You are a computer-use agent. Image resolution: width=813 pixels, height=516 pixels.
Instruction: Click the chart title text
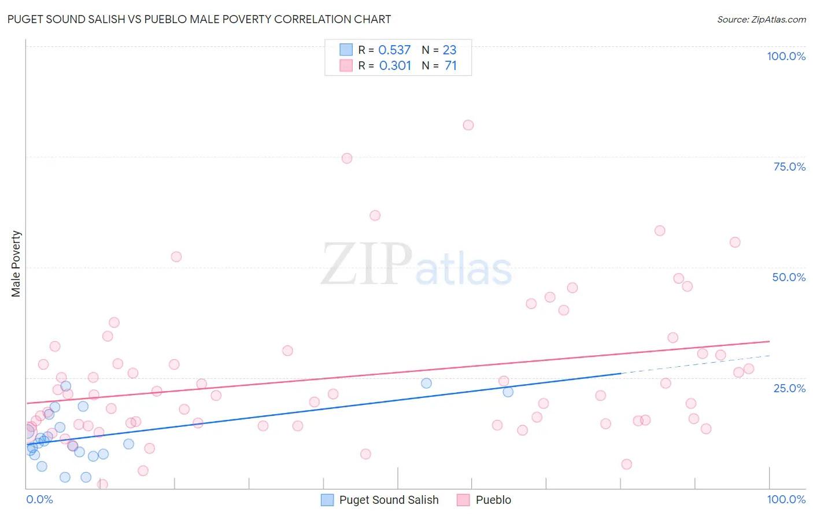tap(199, 19)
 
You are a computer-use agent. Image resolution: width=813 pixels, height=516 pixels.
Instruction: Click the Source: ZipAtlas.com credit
tap(761, 20)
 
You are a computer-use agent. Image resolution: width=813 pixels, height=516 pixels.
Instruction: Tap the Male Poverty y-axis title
tap(16, 264)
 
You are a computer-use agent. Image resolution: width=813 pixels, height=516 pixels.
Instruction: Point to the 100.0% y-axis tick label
tap(786, 56)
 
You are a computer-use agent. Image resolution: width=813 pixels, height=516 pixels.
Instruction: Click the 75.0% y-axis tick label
tap(789, 167)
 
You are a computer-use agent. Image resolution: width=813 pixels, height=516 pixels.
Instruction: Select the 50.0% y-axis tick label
tap(789, 277)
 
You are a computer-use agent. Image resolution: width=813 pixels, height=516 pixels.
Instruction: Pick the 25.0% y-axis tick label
tap(789, 388)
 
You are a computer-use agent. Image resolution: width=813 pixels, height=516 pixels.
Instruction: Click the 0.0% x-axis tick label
tap(39, 499)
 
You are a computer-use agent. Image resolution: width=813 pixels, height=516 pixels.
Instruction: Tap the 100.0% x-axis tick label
tap(786, 499)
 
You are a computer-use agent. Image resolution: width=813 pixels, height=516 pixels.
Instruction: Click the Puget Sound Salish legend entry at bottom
tap(380, 500)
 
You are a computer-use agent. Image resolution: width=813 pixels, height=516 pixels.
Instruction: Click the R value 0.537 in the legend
tap(394, 50)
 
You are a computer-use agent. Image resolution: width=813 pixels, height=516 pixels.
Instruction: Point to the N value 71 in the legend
tap(450, 66)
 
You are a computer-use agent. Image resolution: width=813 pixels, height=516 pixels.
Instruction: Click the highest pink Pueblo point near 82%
tap(468, 125)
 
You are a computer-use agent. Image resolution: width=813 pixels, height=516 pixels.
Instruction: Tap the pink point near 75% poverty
tap(347, 159)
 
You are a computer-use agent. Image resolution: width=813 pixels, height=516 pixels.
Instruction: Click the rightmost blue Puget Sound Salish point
tap(508, 392)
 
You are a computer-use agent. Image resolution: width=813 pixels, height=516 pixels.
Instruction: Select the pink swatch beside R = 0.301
tap(346, 65)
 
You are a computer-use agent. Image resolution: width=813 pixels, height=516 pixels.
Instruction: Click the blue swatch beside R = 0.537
tap(346, 50)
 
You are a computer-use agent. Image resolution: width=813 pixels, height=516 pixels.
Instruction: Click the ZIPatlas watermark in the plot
tap(416, 265)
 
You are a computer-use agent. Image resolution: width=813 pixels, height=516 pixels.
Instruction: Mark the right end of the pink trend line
tap(769, 341)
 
